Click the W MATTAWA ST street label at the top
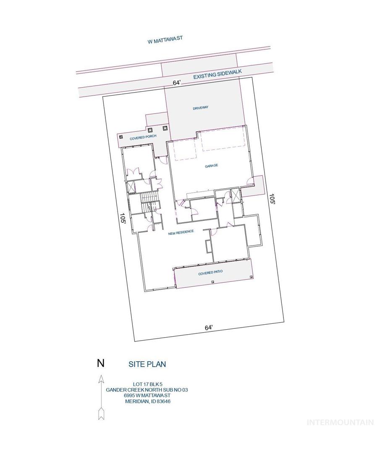click(165, 40)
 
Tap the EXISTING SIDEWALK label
click(217, 74)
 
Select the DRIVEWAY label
click(201, 108)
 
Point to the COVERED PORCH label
click(143, 138)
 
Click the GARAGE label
click(211, 166)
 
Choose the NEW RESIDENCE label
click(181, 232)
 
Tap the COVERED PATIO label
click(210, 273)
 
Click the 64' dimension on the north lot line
click(177, 83)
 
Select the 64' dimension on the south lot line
click(209, 328)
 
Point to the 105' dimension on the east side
click(272, 199)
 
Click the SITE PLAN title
click(147, 364)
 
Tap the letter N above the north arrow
click(101, 363)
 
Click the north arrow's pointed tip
click(101, 375)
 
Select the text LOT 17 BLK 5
click(148, 384)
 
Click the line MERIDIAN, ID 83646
click(147, 401)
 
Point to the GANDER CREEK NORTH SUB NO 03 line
click(147, 390)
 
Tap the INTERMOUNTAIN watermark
click(340, 422)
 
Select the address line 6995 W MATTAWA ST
click(147, 396)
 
